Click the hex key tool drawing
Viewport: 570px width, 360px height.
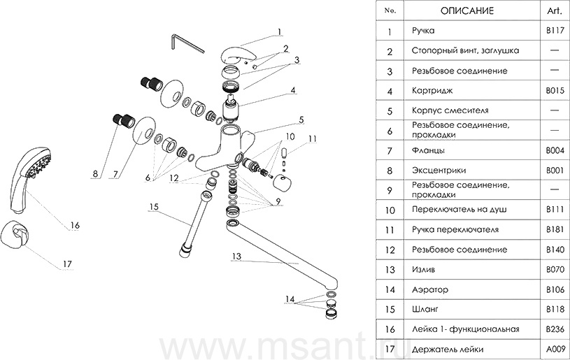pos(185,43)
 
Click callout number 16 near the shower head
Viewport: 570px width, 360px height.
pos(74,226)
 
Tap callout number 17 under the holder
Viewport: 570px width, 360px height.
pos(67,264)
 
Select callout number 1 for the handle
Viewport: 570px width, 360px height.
pos(278,31)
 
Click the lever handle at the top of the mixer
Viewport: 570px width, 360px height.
pos(235,56)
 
